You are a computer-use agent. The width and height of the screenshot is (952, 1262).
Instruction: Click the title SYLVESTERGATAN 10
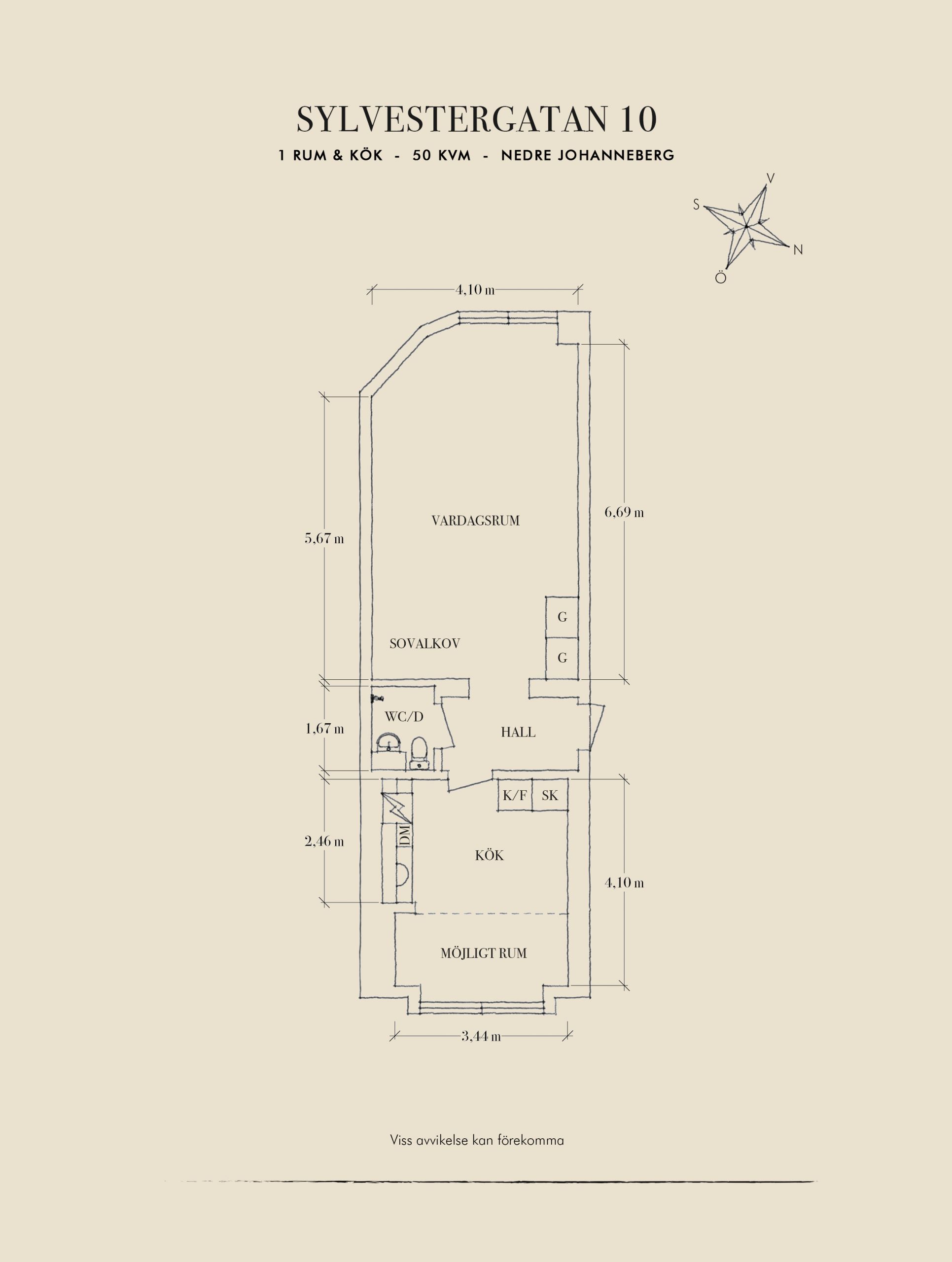pyautogui.click(x=476, y=119)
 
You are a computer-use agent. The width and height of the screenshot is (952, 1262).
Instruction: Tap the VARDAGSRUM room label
pyautogui.click(x=475, y=520)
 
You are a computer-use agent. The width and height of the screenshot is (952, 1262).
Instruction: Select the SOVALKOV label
pyautogui.click(x=424, y=643)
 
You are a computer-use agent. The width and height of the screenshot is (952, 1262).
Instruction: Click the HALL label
pyautogui.click(x=518, y=732)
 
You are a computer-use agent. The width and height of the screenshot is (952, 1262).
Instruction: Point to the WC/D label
pyautogui.click(x=404, y=717)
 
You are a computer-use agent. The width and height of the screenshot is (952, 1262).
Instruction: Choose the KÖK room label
pyautogui.click(x=490, y=856)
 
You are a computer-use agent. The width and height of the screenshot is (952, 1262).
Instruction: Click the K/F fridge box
pyautogui.click(x=515, y=795)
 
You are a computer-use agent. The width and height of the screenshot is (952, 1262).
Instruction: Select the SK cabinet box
pyautogui.click(x=550, y=795)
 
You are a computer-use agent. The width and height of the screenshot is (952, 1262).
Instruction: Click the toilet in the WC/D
pyautogui.click(x=419, y=752)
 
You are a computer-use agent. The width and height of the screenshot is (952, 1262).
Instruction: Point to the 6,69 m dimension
pyautogui.click(x=624, y=512)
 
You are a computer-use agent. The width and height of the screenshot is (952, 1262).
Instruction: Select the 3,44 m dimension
pyautogui.click(x=481, y=1036)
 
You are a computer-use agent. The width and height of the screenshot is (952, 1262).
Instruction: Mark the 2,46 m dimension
pyautogui.click(x=324, y=841)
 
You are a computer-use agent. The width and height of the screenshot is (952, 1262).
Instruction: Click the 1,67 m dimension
pyautogui.click(x=324, y=729)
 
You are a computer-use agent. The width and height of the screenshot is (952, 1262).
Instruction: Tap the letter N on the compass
pyautogui.click(x=798, y=250)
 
